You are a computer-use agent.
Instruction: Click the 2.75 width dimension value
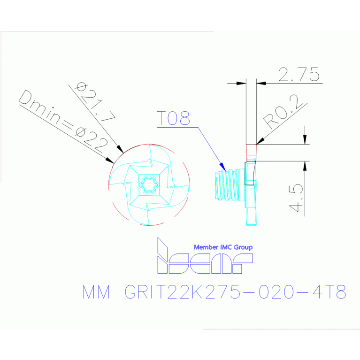click(299, 74)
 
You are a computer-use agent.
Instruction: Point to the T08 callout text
click(173, 118)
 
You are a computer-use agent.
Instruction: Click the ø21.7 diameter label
click(96, 102)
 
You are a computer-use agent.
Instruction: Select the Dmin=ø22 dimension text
click(63, 121)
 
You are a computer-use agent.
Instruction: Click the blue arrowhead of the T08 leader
click(222, 167)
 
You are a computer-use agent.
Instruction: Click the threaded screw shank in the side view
click(227, 185)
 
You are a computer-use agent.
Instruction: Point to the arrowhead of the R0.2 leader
click(260, 141)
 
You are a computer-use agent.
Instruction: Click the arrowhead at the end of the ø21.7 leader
click(120, 149)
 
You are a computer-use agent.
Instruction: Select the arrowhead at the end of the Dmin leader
click(110, 161)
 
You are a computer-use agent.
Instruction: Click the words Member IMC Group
click(223, 247)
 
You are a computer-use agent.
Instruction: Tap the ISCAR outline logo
click(205, 255)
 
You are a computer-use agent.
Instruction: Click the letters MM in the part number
click(96, 292)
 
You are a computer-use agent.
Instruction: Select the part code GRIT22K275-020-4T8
click(235, 292)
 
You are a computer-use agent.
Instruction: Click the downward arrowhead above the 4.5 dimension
click(305, 139)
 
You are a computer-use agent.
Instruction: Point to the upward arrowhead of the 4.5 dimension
click(305, 166)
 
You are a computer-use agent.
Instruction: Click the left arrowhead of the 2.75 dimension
click(241, 83)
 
